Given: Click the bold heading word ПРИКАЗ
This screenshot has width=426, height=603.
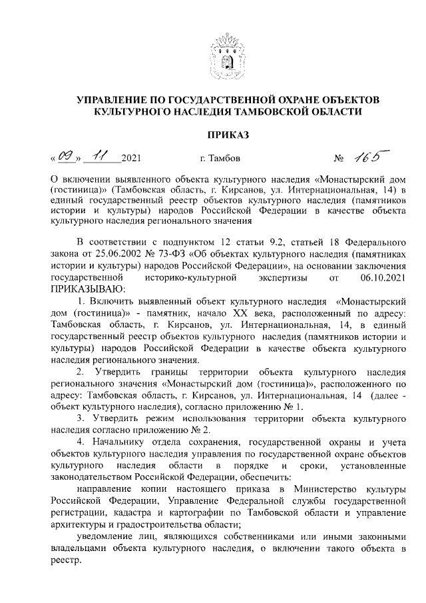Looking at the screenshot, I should tap(228, 135).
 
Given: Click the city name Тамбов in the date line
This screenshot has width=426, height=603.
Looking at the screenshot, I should tap(216, 160).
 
